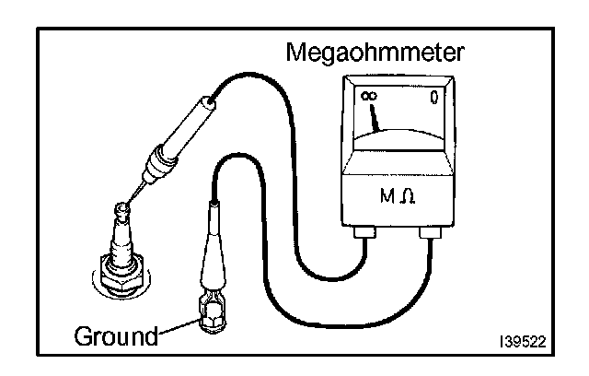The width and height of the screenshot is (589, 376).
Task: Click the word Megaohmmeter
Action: [x=386, y=52]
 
